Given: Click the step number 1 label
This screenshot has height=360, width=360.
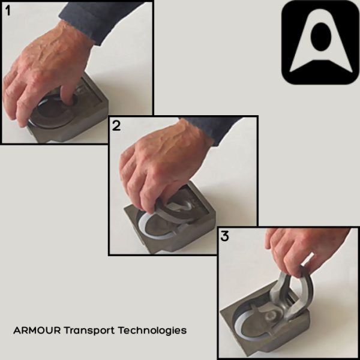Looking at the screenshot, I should pyautogui.click(x=9, y=11).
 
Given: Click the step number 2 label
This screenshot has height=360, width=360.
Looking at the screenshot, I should pyautogui.click(x=116, y=126).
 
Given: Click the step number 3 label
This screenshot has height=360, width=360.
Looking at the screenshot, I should pyautogui.click(x=225, y=236).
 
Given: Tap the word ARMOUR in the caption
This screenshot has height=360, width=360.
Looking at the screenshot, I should pyautogui.click(x=35, y=331).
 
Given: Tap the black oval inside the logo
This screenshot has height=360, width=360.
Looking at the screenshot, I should pyautogui.click(x=320, y=37).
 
